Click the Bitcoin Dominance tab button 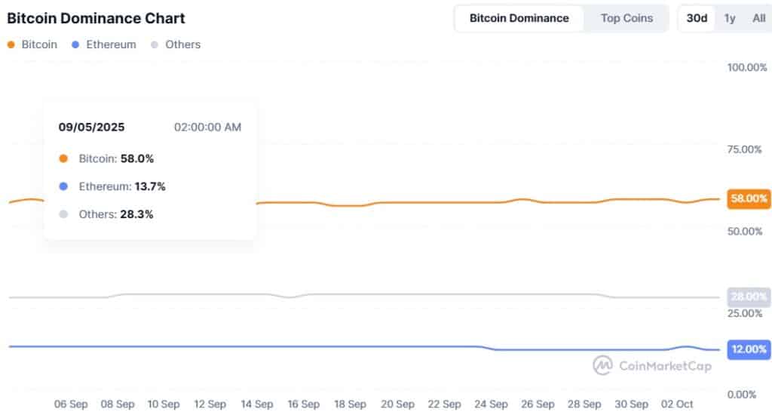[x=519, y=18]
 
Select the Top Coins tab [x=626, y=18]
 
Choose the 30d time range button [x=697, y=18]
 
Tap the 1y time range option [x=730, y=18]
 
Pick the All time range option [x=758, y=18]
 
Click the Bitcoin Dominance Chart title [x=96, y=18]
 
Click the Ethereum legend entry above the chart [x=105, y=45]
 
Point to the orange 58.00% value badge [x=748, y=199]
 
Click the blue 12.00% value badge [x=748, y=349]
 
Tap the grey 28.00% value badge [x=748, y=297]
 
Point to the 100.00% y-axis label [x=746, y=67]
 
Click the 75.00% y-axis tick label [x=746, y=149]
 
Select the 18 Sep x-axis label [x=350, y=404]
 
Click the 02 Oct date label [x=678, y=404]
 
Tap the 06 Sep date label [x=71, y=404]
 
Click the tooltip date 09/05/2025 [x=91, y=127]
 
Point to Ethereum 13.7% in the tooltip [x=112, y=186]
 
